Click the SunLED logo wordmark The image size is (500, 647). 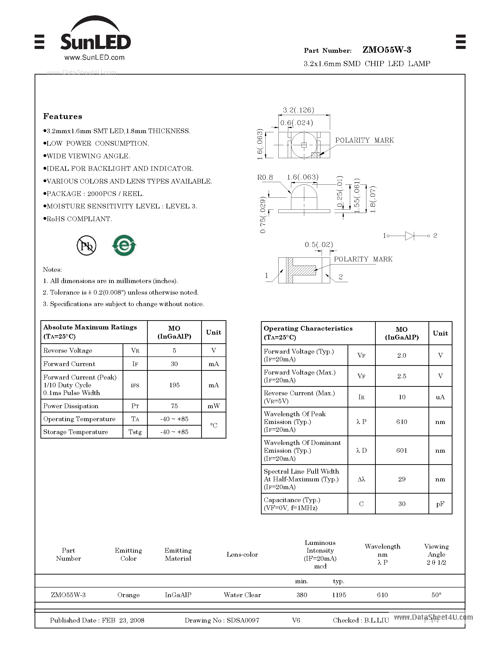click(95, 42)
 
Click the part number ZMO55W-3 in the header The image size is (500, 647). click(387, 50)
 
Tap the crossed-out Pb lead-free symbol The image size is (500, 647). click(87, 246)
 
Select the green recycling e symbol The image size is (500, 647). click(124, 245)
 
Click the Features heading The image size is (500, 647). click(63, 116)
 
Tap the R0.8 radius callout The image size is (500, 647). click(265, 177)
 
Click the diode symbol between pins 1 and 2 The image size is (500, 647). click(409, 236)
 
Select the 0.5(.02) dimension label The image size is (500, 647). click(319, 244)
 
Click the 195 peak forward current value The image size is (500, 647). click(174, 385)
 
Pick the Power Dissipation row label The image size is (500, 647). click(71, 406)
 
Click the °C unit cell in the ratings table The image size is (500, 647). click(214, 425)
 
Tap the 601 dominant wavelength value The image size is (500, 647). click(402, 451)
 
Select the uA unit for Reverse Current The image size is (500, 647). click(440, 397)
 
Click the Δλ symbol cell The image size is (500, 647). click(361, 479)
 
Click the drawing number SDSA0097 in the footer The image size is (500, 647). click(243, 620)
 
